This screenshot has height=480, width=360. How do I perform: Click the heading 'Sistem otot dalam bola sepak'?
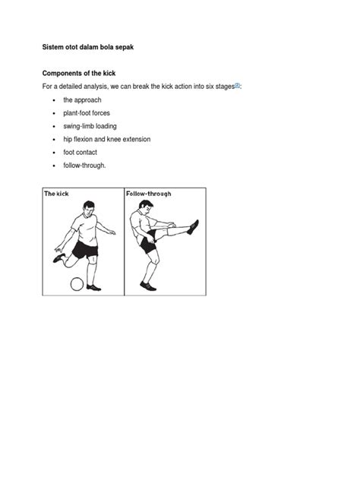tap(88, 47)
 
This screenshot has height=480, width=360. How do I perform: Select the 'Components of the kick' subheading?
tap(79, 74)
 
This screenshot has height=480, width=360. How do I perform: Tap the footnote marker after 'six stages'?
tap(237, 86)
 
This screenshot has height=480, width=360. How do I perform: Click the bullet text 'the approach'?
tap(82, 100)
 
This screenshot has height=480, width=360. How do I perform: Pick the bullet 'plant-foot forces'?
tap(87, 113)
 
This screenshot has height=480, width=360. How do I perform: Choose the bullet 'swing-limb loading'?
tap(90, 126)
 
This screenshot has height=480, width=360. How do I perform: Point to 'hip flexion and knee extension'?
tap(107, 139)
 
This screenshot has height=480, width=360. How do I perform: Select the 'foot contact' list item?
tap(81, 153)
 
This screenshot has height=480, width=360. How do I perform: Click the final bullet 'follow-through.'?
tap(84, 166)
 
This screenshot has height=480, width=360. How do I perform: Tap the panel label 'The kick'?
tap(56, 194)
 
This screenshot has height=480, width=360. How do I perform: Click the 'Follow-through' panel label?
tap(148, 194)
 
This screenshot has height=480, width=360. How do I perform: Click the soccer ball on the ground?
tap(77, 284)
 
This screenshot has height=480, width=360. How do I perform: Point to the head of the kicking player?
tap(88, 208)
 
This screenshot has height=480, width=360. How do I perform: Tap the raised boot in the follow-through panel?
tap(193, 227)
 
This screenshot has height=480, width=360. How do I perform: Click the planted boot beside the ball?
tap(93, 287)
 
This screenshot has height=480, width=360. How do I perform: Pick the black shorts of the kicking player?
tap(85, 250)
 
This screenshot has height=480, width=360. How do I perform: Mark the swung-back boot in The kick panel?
tap(58, 258)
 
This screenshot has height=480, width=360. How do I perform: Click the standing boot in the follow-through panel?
tap(148, 286)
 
